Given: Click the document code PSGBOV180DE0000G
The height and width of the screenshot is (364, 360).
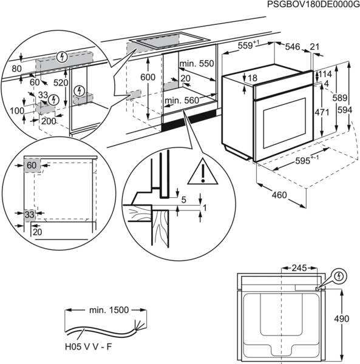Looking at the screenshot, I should (x=309, y=5).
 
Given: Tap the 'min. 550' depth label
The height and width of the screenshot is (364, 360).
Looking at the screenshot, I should (x=197, y=63).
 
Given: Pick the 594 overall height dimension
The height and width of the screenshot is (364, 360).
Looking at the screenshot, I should (x=345, y=110).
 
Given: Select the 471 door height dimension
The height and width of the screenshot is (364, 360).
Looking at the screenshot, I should (x=322, y=112).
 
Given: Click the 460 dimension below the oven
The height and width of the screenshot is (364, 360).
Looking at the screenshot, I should (x=279, y=195).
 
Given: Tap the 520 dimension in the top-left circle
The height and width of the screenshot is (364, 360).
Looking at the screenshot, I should (x=61, y=82).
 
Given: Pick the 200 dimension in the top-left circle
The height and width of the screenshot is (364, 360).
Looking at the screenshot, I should (x=48, y=121).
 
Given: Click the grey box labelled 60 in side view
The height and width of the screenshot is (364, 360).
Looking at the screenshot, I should (x=32, y=165).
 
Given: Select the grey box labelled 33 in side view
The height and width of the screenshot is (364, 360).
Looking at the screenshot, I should (x=30, y=214).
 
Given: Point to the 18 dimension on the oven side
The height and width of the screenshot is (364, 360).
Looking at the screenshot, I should (x=252, y=78).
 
